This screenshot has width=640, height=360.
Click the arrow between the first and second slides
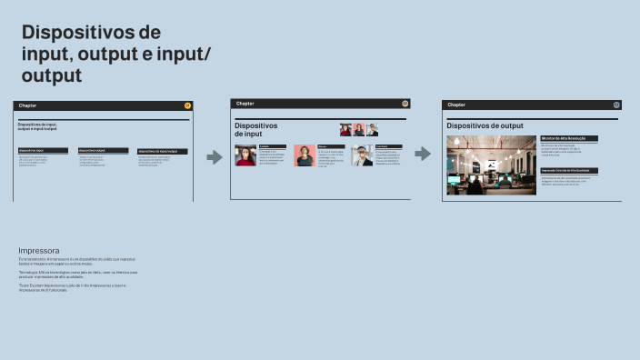(215, 157)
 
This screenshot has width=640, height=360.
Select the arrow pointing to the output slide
(423, 154)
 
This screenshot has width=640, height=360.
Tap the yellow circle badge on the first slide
(187, 105)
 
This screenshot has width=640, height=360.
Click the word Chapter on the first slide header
(28, 105)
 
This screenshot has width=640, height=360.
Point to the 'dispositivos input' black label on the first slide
(43, 150)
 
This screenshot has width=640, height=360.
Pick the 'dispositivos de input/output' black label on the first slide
(163, 150)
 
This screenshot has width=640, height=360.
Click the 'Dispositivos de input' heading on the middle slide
(255, 130)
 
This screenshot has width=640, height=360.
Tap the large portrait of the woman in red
(245, 155)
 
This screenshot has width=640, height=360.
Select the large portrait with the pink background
(305, 155)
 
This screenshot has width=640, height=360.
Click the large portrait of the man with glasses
(363, 155)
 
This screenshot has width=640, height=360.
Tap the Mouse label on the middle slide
(328, 145)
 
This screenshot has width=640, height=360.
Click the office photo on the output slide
(492, 165)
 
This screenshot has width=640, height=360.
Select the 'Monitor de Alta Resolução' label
(570, 138)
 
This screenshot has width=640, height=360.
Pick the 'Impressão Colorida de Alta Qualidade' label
(570, 170)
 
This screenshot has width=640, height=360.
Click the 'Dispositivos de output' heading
(485, 125)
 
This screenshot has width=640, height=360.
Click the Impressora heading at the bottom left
(39, 250)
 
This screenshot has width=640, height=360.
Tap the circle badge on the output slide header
(616, 105)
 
